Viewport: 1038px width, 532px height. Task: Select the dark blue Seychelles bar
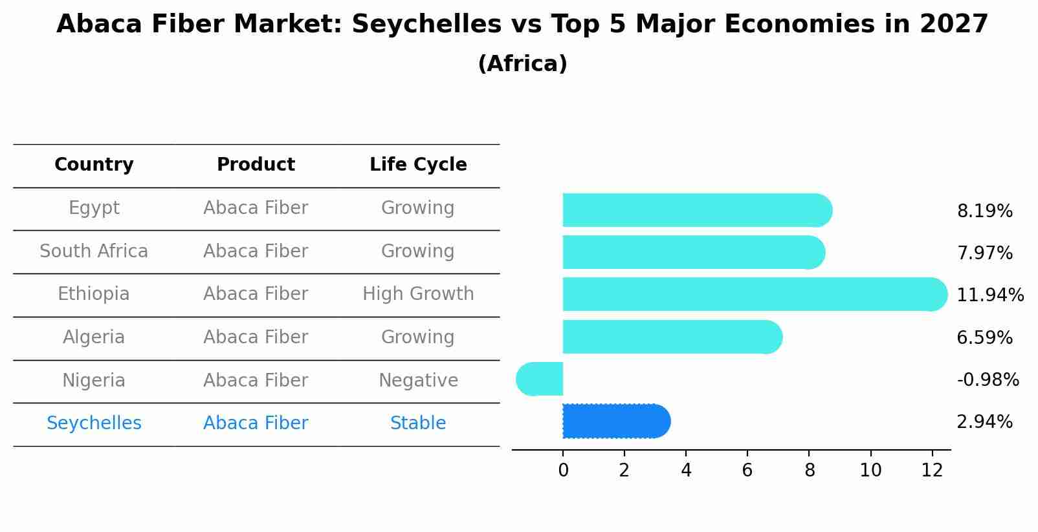coord(615,421)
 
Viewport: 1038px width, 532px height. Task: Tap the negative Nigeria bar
coord(541,379)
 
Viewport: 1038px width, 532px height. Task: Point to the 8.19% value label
coord(984,211)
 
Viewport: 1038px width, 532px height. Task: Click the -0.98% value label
coord(988,380)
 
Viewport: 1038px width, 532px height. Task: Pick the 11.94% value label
coord(989,295)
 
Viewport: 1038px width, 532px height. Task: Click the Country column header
coord(94,165)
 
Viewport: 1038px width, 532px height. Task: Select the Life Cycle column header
coord(418,165)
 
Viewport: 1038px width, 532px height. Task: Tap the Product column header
coord(256,165)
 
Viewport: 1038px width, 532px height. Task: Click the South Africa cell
coord(94,251)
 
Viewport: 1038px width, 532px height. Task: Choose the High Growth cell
coord(418,294)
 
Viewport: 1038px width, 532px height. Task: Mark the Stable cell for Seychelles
coord(418,423)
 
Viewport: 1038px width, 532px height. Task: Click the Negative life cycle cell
coord(418,381)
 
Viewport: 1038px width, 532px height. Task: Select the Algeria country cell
coord(94,337)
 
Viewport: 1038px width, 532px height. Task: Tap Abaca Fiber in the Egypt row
coord(256,208)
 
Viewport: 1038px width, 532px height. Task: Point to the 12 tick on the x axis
coord(932,471)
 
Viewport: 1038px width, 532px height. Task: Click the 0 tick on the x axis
coord(563,471)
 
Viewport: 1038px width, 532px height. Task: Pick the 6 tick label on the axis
coord(747,471)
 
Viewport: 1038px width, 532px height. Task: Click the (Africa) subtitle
coord(522,64)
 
